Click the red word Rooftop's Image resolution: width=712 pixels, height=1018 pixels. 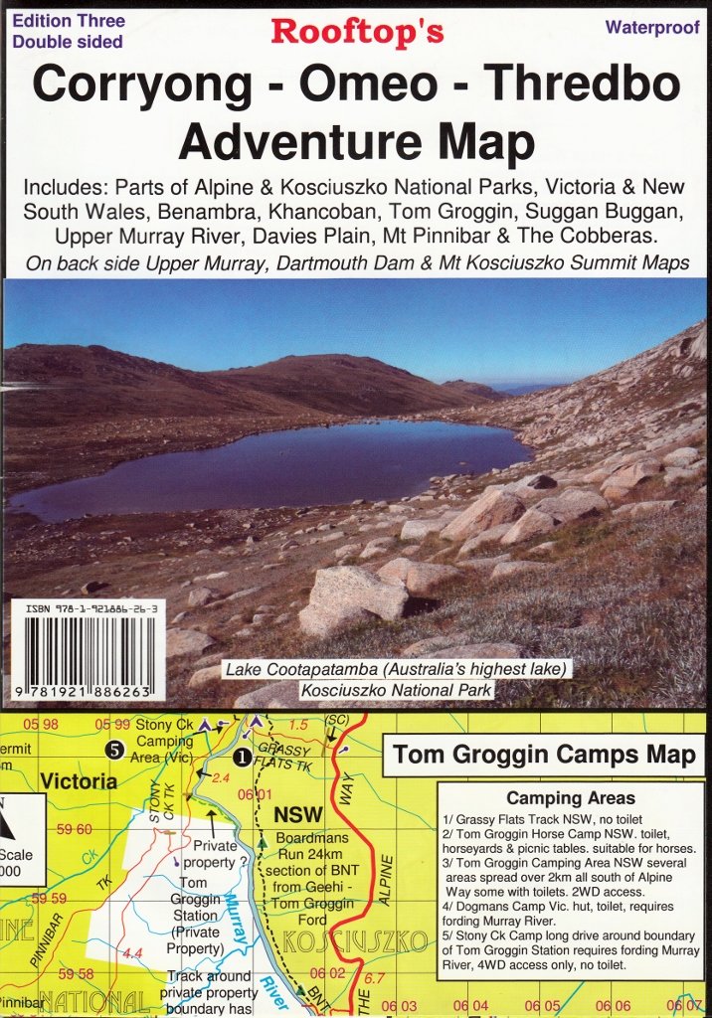[357, 31]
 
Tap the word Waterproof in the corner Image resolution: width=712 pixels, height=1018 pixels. [652, 27]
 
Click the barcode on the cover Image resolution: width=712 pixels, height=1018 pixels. [84, 647]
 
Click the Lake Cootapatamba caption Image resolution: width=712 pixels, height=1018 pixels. [396, 670]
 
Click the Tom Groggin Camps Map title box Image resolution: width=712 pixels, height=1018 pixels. [544, 755]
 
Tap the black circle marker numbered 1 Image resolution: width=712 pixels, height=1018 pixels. [240, 757]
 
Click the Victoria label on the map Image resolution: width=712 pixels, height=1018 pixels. [80, 781]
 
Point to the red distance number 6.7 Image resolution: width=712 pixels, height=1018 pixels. [374, 979]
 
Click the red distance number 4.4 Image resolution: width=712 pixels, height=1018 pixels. [131, 953]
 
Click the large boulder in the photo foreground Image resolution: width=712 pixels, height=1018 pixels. [353, 599]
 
